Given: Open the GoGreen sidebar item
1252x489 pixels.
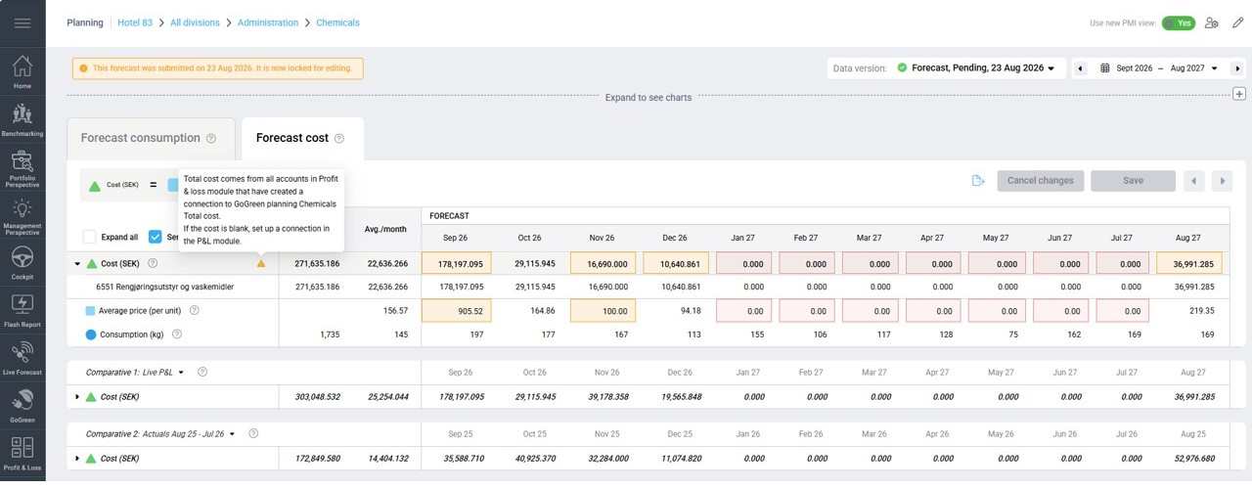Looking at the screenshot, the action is [x=22, y=405].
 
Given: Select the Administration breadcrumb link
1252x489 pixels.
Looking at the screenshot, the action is [x=268, y=22].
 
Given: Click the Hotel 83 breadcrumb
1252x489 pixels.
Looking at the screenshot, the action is [x=135, y=22].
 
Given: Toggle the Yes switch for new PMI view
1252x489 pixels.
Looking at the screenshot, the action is [x=1179, y=22].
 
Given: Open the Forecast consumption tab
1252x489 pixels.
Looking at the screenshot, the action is [x=140, y=138].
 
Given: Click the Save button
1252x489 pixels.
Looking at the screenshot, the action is [x=1133, y=181].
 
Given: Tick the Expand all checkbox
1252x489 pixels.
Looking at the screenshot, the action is [x=89, y=237].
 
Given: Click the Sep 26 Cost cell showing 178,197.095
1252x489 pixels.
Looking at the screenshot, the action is [x=456, y=263].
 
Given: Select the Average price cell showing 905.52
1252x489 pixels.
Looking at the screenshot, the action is [x=456, y=311].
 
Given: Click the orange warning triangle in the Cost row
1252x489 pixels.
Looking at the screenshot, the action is [x=261, y=263].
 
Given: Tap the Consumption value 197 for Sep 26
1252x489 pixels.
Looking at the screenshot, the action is [x=476, y=334].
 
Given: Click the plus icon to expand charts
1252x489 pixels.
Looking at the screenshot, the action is [x=1239, y=94].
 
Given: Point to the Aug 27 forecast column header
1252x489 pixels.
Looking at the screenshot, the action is [x=1187, y=238].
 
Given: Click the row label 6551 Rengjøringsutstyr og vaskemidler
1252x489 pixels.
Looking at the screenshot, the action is [x=165, y=287].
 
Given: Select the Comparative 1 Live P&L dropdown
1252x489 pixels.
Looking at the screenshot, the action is [x=135, y=373].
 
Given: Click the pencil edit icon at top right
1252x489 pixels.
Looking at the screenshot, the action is [x=1238, y=22].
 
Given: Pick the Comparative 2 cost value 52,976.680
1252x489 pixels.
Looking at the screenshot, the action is [x=1194, y=459].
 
